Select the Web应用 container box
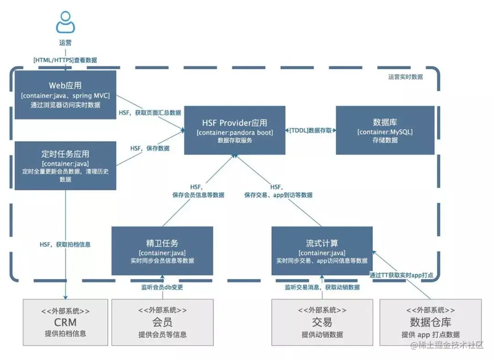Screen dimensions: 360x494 tap(65, 95)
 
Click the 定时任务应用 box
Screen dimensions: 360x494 tap(65, 166)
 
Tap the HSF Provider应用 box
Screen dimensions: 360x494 tap(235, 130)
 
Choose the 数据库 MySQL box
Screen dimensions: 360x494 tap(385, 130)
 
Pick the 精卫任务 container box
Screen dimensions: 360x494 tap(162, 251)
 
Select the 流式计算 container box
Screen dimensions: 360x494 tap(322, 251)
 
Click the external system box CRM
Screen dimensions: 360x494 tap(65, 322)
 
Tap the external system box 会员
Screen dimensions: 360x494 tap(162, 322)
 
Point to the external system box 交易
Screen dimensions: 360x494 tap(322, 322)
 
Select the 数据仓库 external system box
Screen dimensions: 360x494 tap(430, 322)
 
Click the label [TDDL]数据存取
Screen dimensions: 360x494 tap(311, 130)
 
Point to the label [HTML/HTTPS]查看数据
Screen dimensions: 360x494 tap(65, 60)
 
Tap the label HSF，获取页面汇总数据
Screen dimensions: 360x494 tap(150, 113)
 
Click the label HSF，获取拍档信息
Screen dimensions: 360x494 tap(65, 244)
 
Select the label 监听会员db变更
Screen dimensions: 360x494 tap(162, 287)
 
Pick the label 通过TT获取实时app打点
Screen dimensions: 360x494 tap(401, 275)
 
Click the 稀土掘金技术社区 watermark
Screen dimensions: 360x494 tap(447, 345)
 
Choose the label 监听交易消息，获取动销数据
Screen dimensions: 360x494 tap(322, 287)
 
